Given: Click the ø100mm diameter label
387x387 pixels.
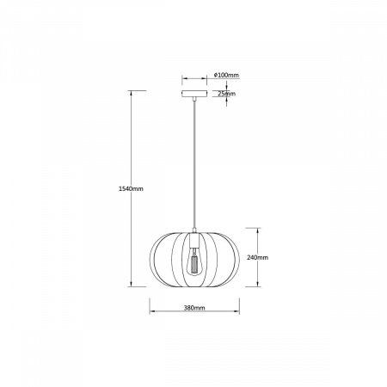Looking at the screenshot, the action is (226, 75).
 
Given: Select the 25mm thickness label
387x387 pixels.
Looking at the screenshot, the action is (226, 94).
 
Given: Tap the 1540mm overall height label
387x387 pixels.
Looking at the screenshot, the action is (131, 188).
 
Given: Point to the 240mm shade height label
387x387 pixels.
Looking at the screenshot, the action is (258, 257).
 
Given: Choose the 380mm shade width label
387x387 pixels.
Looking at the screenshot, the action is (194, 308).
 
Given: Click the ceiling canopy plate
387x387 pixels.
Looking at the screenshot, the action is (194, 94).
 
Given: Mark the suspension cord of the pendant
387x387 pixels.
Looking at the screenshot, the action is (194, 164).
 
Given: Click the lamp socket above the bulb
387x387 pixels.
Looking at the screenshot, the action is (194, 240).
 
